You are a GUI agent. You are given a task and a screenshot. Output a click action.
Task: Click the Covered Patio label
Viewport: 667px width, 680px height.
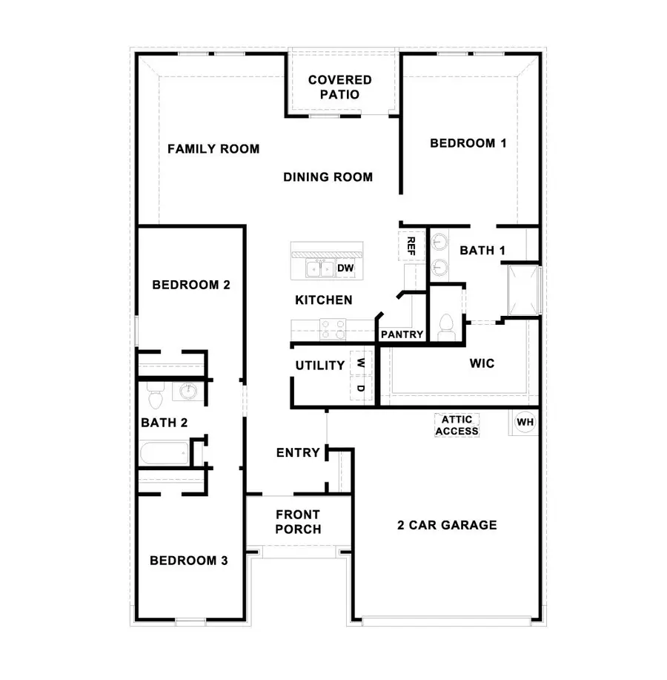coord(340,88)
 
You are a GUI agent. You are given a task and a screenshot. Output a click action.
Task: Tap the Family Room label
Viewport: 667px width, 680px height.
coord(213,149)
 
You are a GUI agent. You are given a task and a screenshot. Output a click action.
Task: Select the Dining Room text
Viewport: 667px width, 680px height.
coord(328,177)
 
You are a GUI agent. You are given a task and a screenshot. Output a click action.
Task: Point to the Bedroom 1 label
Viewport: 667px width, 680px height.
coord(468,143)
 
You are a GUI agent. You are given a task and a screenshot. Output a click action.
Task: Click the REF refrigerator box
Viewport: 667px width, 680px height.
coord(410,245)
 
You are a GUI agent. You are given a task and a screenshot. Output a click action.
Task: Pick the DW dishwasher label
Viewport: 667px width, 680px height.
coord(345,268)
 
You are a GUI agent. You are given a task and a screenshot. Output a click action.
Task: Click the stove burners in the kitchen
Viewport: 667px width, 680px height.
coord(333,328)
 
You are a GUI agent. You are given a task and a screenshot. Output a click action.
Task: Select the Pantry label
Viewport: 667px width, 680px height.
coord(402,335)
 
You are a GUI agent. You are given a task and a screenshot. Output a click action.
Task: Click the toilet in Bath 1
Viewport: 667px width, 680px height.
coord(446,327)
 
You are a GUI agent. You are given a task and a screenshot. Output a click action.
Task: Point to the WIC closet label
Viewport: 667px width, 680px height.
coord(482,364)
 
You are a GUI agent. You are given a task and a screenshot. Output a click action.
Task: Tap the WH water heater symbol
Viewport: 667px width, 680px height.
coord(525,423)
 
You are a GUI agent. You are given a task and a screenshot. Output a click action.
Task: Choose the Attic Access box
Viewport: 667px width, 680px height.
coord(457,425)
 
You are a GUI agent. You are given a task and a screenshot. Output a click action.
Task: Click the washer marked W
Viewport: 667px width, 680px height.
coord(361,363)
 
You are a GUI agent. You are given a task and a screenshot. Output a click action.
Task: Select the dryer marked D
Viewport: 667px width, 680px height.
coord(361,387)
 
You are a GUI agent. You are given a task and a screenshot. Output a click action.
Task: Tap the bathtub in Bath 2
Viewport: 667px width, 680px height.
coord(164,453)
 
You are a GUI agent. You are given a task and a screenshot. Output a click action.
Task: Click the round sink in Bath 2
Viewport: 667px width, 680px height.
coord(187,391)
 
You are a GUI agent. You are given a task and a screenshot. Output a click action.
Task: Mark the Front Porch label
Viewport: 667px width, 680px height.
coord(298,522)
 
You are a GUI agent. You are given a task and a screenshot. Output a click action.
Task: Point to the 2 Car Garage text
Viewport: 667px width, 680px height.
coord(447,526)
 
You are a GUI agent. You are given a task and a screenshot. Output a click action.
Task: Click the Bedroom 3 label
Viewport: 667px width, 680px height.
coord(188,561)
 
